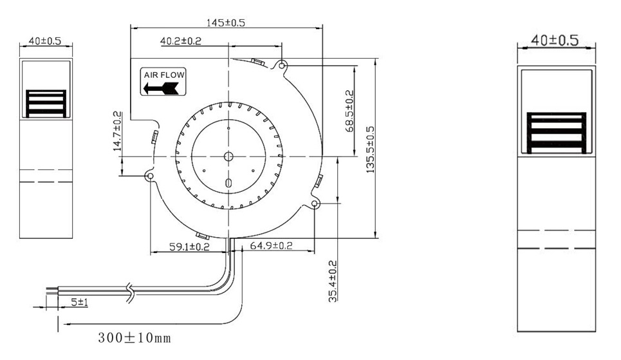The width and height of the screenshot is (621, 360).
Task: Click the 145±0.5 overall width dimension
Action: point(225,23)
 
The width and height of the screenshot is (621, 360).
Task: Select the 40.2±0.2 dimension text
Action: point(181,41)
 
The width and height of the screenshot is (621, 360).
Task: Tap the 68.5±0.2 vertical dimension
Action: point(349,111)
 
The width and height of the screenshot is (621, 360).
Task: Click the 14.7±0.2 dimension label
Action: point(117,131)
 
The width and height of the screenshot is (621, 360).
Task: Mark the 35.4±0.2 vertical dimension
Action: point(333,281)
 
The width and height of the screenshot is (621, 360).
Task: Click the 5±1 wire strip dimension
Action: point(80,301)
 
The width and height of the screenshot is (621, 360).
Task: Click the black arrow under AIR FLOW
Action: point(163,88)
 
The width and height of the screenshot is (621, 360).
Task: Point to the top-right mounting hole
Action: point(282,65)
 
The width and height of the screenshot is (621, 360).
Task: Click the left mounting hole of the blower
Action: point(150,176)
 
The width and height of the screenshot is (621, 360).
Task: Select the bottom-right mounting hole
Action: point(315,204)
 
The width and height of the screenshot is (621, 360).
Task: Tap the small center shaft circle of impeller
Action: point(228,156)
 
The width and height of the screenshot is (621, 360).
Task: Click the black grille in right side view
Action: point(556,133)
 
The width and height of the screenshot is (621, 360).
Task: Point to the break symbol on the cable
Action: point(131,292)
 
